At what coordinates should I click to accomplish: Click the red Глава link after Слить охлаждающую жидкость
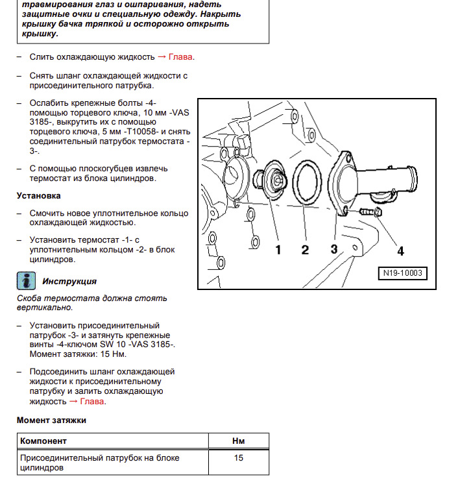click(181, 57)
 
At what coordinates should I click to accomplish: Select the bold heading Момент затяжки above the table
click(51, 420)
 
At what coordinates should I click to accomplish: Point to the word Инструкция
click(69, 281)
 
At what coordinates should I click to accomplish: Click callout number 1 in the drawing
click(278, 249)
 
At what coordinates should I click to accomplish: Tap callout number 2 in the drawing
click(305, 249)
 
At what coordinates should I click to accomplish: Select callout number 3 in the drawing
click(334, 249)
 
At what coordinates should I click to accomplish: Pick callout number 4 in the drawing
click(400, 250)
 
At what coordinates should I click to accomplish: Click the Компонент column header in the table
click(43, 441)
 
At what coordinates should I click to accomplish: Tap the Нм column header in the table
click(238, 441)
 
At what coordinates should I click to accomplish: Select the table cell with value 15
click(238, 458)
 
